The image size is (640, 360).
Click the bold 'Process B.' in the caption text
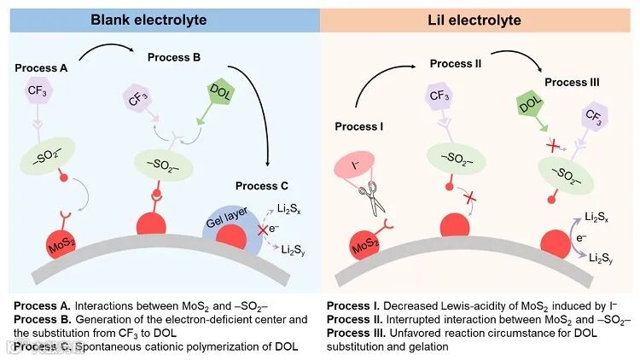pyautogui.click(x=41, y=318)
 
